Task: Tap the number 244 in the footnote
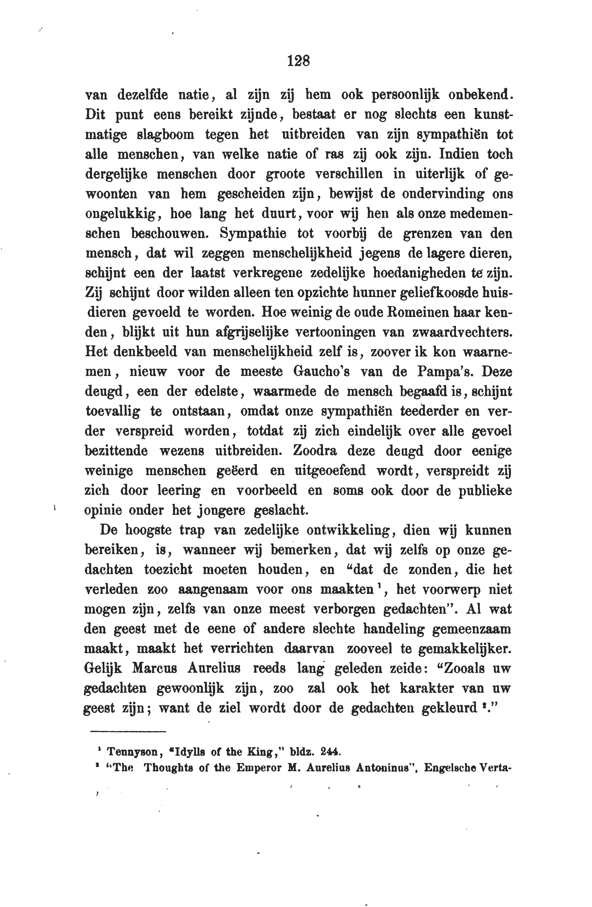[x=330, y=752]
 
